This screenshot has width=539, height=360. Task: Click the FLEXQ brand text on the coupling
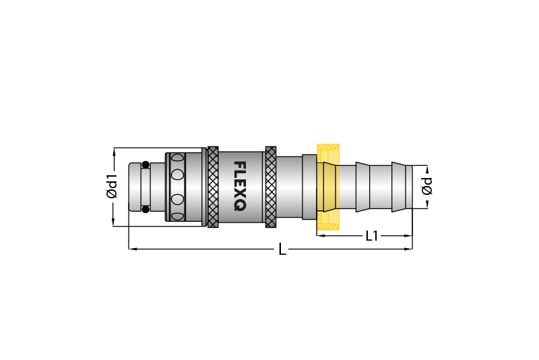click(x=240, y=186)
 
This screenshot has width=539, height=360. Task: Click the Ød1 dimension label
click(x=112, y=186)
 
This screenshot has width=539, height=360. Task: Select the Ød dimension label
click(x=427, y=186)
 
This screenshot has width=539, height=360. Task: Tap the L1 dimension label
click(x=372, y=236)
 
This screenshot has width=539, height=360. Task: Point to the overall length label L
click(x=282, y=249)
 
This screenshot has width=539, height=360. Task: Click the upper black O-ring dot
click(x=146, y=164)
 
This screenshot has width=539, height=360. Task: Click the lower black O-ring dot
click(x=146, y=209)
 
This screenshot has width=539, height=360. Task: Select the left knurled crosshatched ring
click(x=213, y=187)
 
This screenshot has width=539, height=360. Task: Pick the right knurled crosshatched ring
click(x=271, y=187)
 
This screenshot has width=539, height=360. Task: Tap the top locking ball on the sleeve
click(x=177, y=158)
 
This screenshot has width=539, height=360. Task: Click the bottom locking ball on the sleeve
click(x=177, y=216)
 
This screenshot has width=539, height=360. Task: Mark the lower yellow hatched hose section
click(x=328, y=220)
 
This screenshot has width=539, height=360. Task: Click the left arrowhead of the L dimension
click(x=132, y=249)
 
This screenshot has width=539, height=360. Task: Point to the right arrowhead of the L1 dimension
click(x=408, y=236)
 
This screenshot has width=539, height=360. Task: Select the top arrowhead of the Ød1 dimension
click(x=114, y=152)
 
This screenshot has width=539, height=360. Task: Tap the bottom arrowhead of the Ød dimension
click(x=428, y=204)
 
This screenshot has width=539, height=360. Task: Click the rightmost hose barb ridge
click(x=399, y=187)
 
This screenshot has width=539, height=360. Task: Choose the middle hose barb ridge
click(x=362, y=187)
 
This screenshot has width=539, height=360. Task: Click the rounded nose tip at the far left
click(x=134, y=187)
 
